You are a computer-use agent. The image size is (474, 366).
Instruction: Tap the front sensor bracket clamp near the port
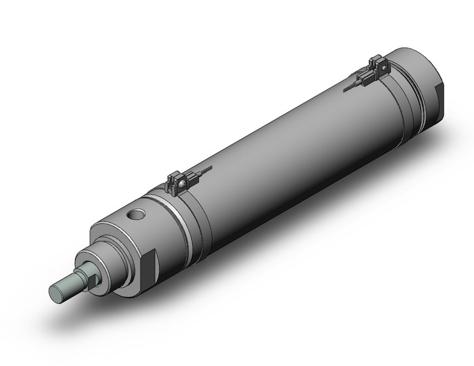click(178, 181)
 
